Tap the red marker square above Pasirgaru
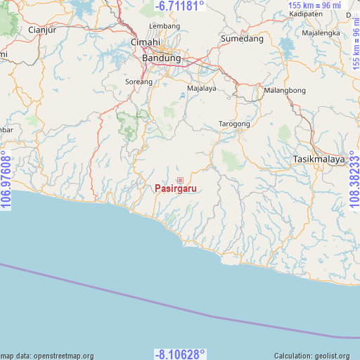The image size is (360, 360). click(x=180, y=180)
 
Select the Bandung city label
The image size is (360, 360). click(x=161, y=58)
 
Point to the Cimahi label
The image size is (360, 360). click(x=145, y=43)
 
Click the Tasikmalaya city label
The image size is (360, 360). click(x=319, y=159)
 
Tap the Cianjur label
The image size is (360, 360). click(x=41, y=30)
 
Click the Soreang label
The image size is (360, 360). click(x=139, y=82)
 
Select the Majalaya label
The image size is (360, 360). click(x=201, y=89)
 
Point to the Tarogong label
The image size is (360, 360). click(x=234, y=124)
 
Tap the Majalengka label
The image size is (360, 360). click(x=321, y=33)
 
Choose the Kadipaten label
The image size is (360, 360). click(x=305, y=14)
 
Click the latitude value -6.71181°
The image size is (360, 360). click(x=179, y=6)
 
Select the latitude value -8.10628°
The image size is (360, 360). click(x=179, y=354)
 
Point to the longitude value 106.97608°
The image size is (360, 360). click(x=6, y=180)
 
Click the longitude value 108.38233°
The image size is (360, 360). click(x=353, y=180)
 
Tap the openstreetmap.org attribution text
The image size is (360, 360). click(x=47, y=356)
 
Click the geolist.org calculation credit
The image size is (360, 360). click(x=311, y=356)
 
